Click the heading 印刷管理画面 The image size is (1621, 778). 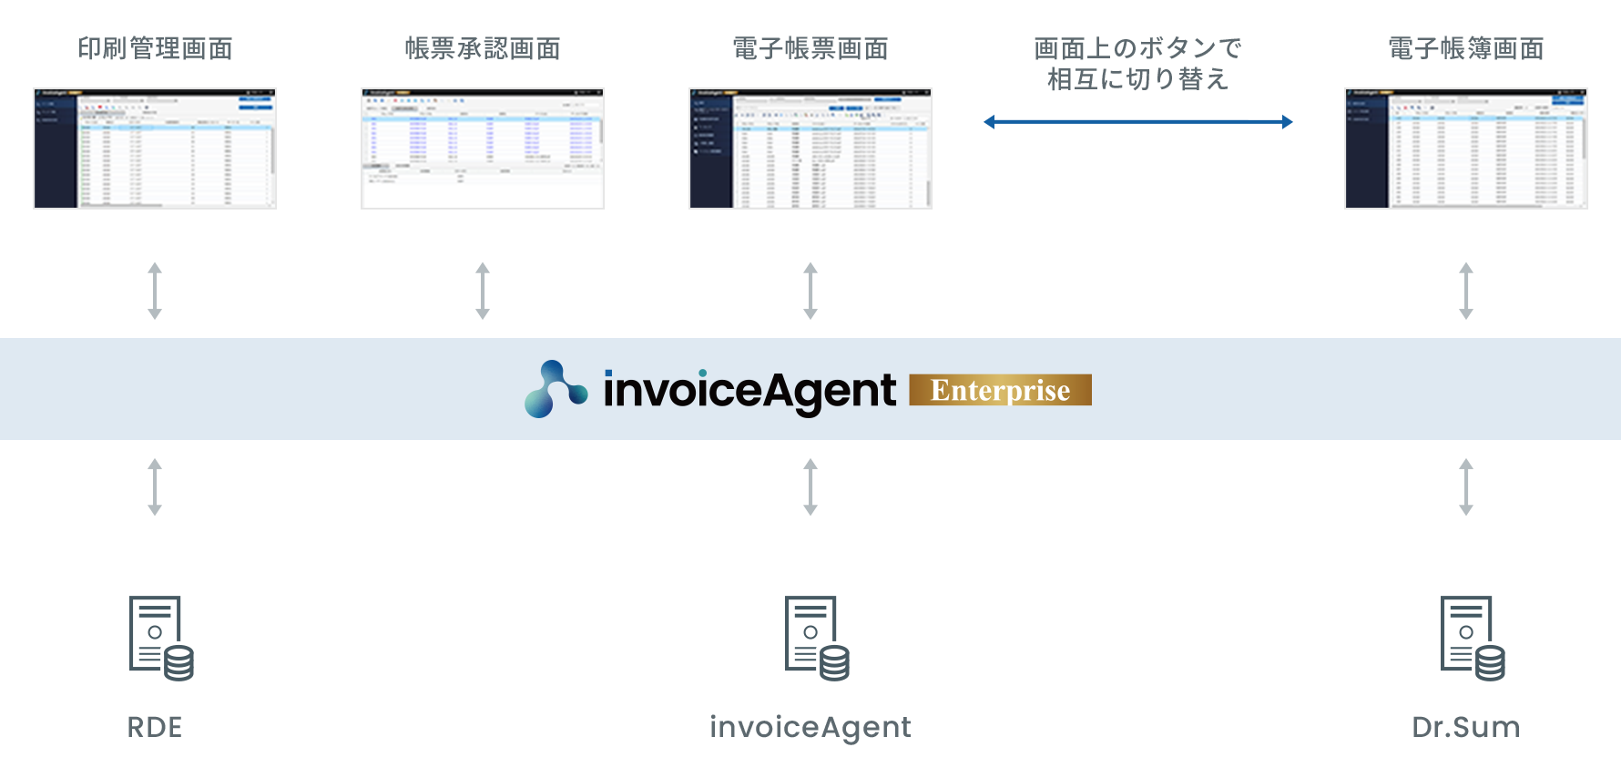click(155, 48)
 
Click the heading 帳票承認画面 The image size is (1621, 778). click(483, 48)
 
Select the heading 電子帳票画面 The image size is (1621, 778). click(810, 48)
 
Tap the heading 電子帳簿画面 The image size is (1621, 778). click(1466, 48)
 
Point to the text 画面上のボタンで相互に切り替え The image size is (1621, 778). click(1137, 64)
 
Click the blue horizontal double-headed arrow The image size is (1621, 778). click(1137, 121)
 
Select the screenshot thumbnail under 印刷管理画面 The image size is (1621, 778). click(155, 148)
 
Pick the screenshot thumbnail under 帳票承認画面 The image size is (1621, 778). click(483, 148)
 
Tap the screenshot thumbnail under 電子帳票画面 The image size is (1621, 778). click(810, 148)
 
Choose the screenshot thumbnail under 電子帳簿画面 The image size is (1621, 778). click(1466, 148)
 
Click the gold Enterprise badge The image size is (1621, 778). click(1000, 390)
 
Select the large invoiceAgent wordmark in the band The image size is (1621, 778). click(749, 390)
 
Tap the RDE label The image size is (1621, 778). click(155, 727)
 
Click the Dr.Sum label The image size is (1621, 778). click(1466, 727)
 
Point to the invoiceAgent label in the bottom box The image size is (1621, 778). click(810, 727)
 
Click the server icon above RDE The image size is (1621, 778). click(161, 639)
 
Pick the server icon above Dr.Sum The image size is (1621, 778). click(1473, 639)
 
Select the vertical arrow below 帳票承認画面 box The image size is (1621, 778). click(483, 292)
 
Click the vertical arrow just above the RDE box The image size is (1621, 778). click(155, 487)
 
